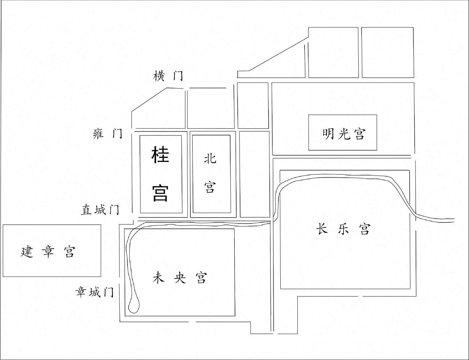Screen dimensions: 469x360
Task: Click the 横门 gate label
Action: coord(168,76)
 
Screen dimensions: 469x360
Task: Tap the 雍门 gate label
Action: coord(108,134)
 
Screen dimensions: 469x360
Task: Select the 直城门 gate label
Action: coord(100,209)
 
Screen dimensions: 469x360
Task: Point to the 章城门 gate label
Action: coord(94,292)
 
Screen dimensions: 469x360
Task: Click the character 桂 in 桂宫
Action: coord(160,155)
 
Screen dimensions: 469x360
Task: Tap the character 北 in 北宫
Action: coord(210,159)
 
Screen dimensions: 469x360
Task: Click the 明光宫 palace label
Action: coord(344,134)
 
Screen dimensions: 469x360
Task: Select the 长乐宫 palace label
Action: coord(343,229)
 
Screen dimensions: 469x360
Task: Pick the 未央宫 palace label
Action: coord(180,278)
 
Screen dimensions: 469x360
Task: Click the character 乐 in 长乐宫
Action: coord(343,229)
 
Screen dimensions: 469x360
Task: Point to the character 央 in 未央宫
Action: coord(180,278)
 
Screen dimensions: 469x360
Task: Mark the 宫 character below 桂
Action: coord(160,193)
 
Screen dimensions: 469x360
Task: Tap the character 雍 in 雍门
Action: coord(99,134)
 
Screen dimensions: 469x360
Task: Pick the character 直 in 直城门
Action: coord(86,209)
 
